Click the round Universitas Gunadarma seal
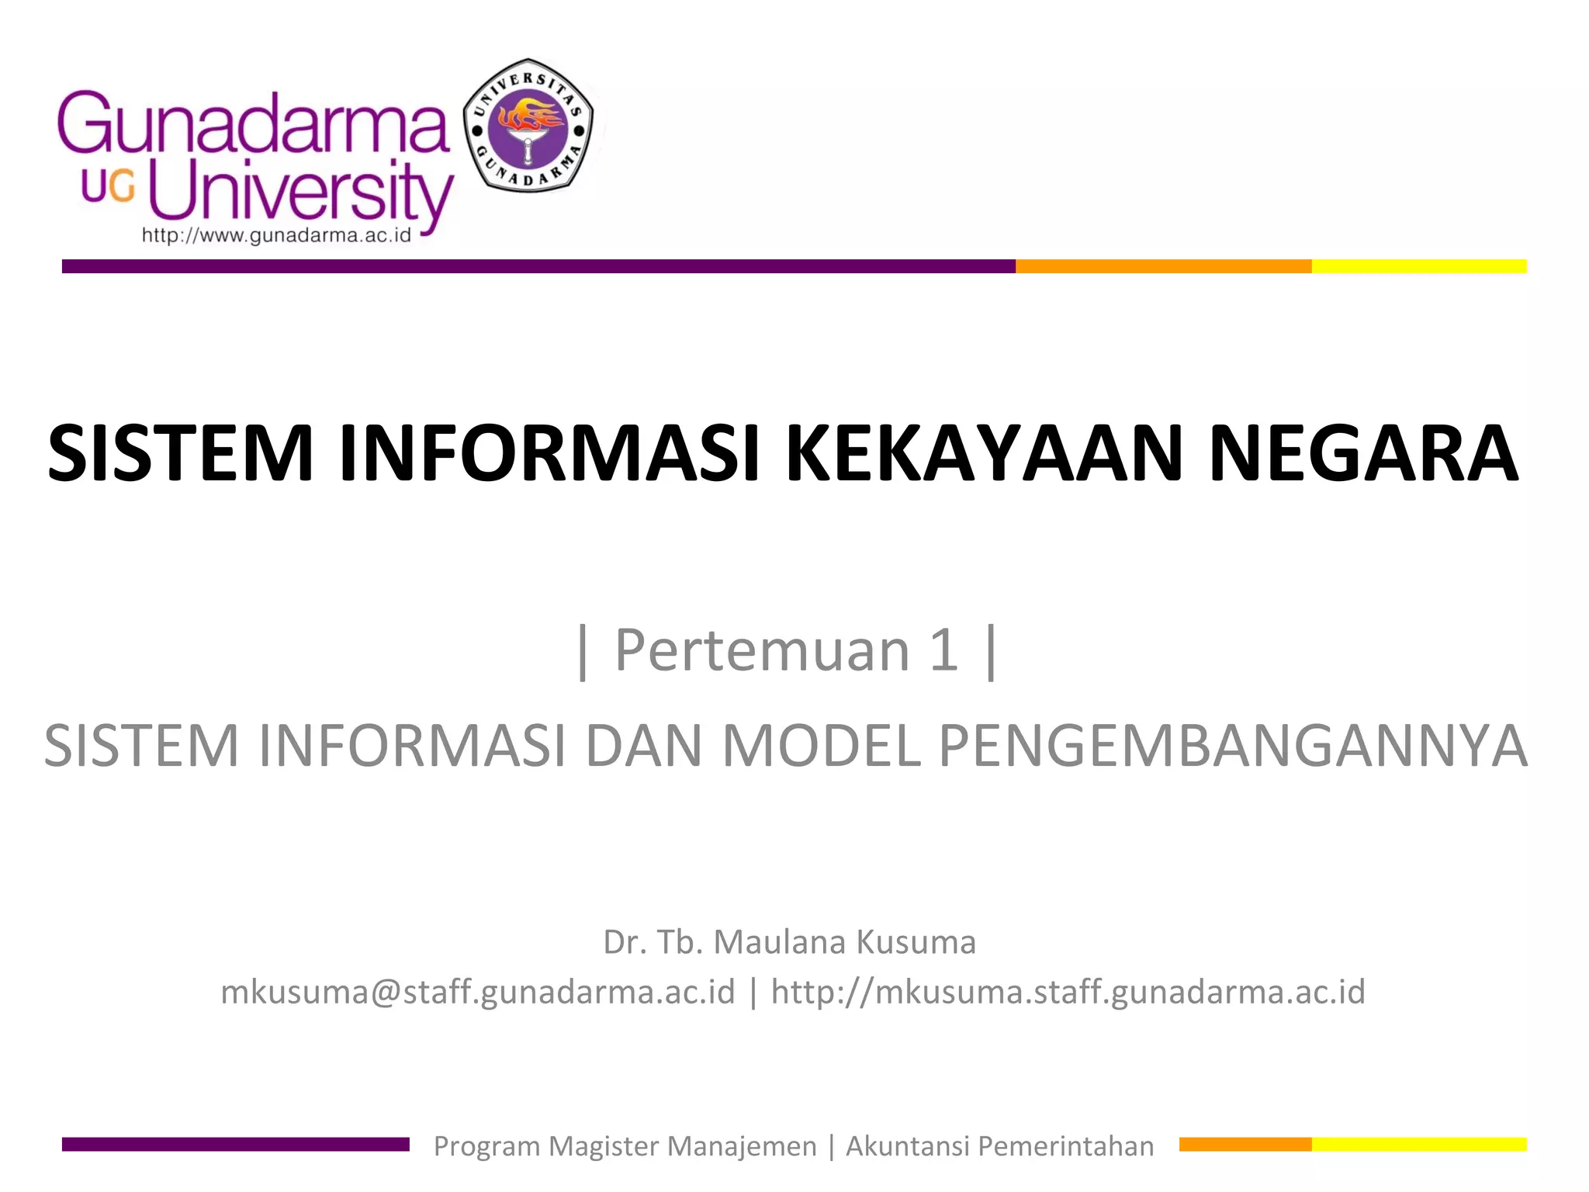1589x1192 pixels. [x=528, y=126]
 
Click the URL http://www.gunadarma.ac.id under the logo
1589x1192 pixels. [x=276, y=236]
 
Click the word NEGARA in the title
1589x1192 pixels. [x=1362, y=454]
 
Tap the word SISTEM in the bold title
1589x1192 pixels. [x=180, y=454]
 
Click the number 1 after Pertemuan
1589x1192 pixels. [x=943, y=650]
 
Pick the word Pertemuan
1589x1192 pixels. [x=762, y=650]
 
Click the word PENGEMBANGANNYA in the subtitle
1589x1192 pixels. [x=1233, y=746]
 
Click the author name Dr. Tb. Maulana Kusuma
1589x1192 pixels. [x=789, y=942]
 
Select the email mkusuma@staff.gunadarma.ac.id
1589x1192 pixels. [x=478, y=993]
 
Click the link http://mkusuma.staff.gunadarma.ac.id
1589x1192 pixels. [x=1068, y=993]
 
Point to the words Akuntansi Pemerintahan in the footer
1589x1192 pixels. [x=999, y=1146]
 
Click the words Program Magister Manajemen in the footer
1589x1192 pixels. [x=625, y=1146]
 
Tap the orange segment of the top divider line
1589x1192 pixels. [x=1163, y=266]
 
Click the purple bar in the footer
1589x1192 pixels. [x=235, y=1144]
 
